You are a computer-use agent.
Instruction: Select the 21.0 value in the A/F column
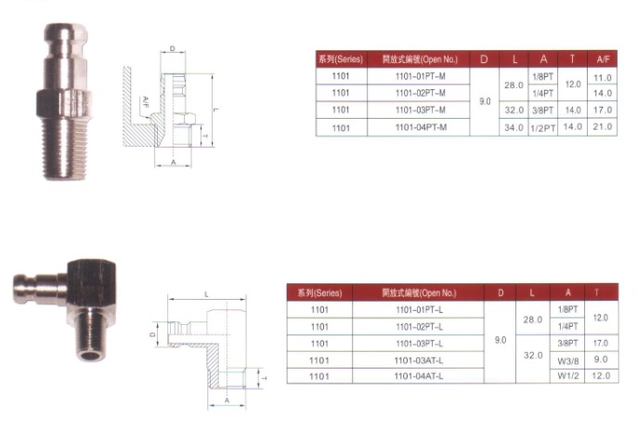603,126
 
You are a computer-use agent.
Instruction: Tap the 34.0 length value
513,126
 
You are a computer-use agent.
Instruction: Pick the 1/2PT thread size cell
543,127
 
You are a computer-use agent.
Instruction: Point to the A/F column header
603,58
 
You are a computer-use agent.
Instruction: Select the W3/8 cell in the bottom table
567,358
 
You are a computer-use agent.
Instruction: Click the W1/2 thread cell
567,375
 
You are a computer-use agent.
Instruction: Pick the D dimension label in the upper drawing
173,47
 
